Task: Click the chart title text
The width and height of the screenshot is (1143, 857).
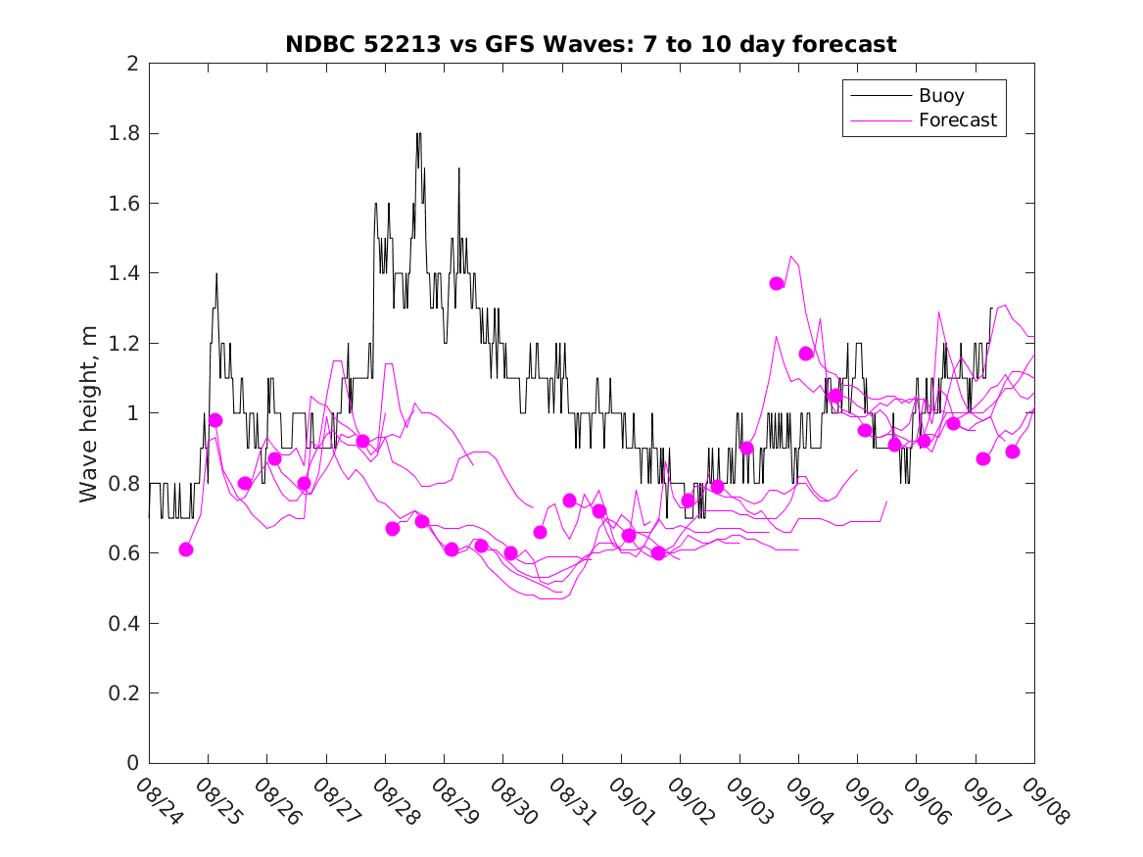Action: point(591,44)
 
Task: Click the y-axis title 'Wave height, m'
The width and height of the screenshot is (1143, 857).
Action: point(89,413)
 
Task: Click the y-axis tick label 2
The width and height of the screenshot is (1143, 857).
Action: point(131,64)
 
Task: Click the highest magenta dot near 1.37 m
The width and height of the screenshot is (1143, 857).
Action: point(777,283)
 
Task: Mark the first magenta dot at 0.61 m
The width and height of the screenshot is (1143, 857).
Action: point(186,549)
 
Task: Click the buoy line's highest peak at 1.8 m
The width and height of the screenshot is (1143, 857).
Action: point(418,134)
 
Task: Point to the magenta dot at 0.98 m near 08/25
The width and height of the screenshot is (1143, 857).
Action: point(215,420)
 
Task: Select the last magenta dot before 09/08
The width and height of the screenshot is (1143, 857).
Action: point(1013,452)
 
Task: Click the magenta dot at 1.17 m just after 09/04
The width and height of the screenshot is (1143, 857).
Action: point(806,354)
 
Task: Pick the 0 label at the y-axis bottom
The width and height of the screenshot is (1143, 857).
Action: point(131,763)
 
